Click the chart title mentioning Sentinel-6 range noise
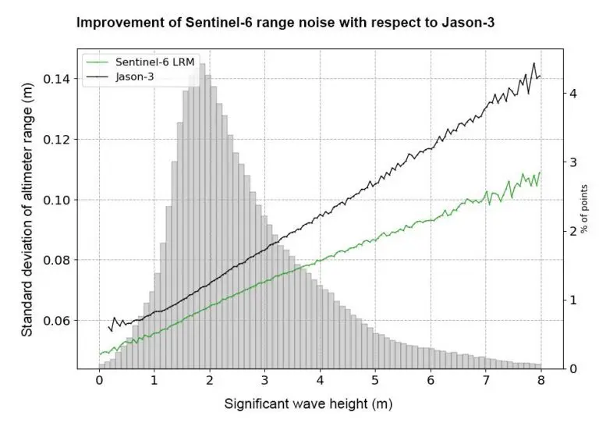pos(285,24)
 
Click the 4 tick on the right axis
pos(574,93)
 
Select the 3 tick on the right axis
pos(574,162)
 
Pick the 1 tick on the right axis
pos(574,300)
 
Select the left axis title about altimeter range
pos(27,211)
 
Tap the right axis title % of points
pos(595,210)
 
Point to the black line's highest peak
pos(534,63)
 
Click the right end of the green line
pos(540,172)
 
